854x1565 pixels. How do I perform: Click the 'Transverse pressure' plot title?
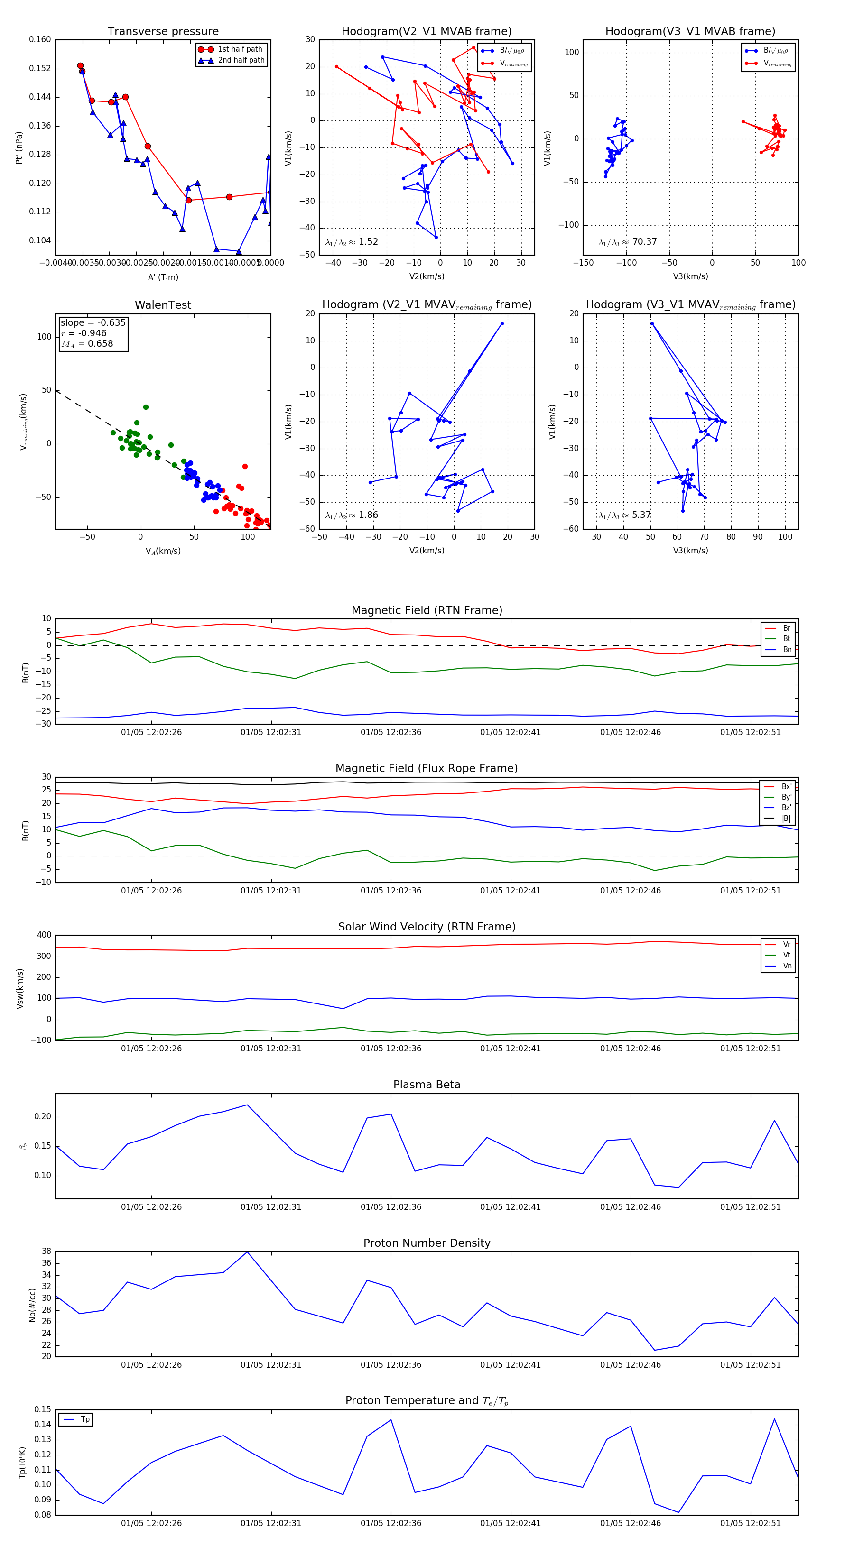tap(163, 32)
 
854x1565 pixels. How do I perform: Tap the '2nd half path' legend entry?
tap(241, 60)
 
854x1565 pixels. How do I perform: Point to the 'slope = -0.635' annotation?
tap(93, 322)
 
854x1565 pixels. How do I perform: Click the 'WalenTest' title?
tap(163, 305)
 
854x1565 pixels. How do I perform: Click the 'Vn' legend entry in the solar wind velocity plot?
tap(787, 966)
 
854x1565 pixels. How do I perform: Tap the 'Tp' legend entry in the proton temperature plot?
tap(84, 1420)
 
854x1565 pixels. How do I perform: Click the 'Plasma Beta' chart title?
tap(427, 1085)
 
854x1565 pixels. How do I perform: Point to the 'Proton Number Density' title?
tap(427, 1243)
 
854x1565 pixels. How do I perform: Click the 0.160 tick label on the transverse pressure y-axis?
tap(40, 39)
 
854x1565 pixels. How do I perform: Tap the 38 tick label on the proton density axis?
tap(46, 1252)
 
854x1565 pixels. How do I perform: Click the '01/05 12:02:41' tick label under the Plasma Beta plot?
tap(510, 1207)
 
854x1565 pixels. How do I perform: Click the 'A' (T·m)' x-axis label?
tap(163, 277)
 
